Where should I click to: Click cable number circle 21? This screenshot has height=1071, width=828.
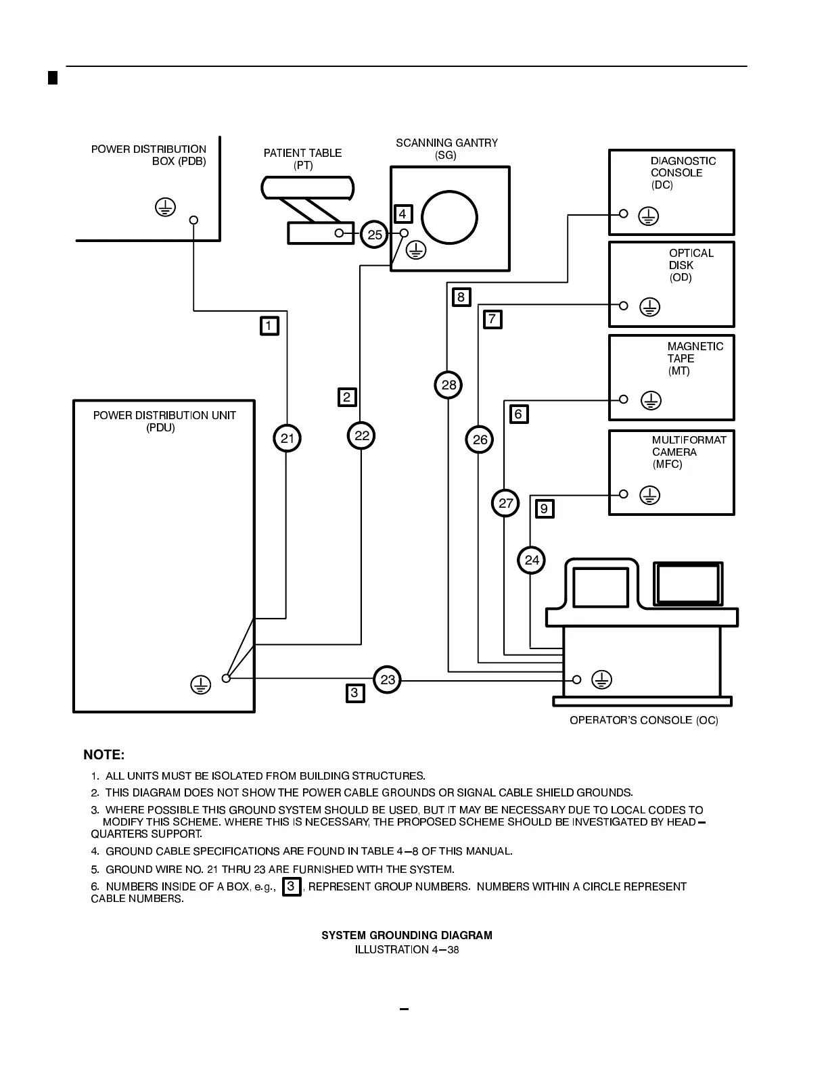coord(287,438)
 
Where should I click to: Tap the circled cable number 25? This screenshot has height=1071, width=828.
coord(374,235)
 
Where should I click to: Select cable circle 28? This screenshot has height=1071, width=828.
coord(448,385)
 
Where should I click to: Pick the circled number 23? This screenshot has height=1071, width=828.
coord(387,680)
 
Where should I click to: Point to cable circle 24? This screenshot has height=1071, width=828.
coord(532,560)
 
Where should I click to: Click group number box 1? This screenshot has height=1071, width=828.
coord(269,326)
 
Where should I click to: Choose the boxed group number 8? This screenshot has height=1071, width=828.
coord(461,297)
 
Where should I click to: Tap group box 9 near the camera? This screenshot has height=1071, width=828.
coord(545,508)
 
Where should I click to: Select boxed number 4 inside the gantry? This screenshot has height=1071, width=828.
coord(402,214)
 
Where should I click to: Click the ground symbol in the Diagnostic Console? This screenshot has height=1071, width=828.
coord(649,216)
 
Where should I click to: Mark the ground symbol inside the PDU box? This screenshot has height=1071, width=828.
coord(200,684)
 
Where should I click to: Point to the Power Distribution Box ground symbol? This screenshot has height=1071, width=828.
coord(165,207)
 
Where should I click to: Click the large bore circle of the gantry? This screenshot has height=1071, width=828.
coord(450,218)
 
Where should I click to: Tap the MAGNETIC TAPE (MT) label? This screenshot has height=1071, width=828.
coord(695,358)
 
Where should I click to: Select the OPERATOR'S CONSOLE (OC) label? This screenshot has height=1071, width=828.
coord(643,720)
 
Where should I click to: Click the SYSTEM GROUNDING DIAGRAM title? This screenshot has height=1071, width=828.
coord(407,935)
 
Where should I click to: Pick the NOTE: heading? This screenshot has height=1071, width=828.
coord(103,755)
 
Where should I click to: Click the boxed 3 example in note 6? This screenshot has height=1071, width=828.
coord(291,886)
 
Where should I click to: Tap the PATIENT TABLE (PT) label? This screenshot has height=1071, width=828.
coord(302,159)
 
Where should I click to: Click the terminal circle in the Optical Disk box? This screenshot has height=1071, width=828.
coord(624,306)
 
